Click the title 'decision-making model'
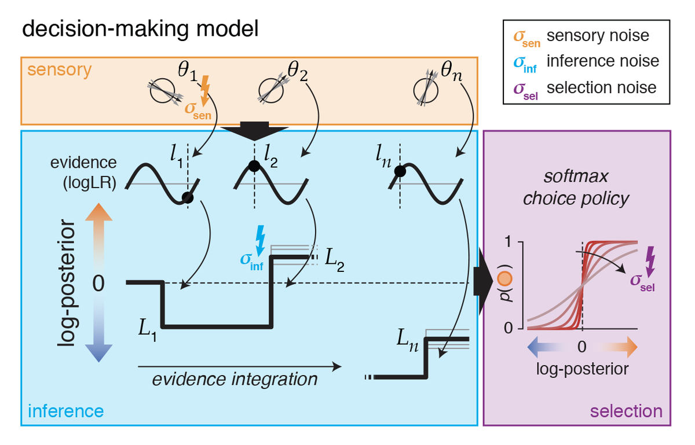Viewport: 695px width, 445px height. [140, 29]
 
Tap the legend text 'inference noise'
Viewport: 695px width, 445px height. [602, 61]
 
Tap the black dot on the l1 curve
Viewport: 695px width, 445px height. [186, 198]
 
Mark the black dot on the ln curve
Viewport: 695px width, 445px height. [399, 171]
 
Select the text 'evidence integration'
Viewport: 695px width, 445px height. [235, 379]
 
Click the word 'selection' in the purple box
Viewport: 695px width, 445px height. [625, 411]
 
